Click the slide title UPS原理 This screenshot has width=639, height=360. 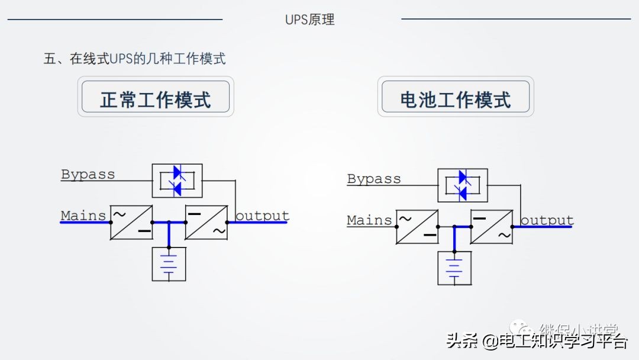tap(309, 20)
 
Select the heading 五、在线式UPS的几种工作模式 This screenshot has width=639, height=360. tap(134, 59)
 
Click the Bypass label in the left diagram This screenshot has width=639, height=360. tap(88, 175)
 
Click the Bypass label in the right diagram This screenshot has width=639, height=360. tap(374, 179)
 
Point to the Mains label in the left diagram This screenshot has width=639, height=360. tap(83, 216)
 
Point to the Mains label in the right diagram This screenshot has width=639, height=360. tap(369, 220)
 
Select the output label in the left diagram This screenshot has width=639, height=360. tap(262, 216)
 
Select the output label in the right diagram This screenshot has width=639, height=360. tap(547, 220)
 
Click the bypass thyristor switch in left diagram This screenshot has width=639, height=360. tap(177, 181)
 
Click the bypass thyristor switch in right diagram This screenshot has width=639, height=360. tap(463, 185)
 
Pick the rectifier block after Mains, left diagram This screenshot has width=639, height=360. tap(131, 223)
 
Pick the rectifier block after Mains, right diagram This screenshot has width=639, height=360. tap(417, 227)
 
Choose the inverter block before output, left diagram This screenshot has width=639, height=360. tap(206, 223)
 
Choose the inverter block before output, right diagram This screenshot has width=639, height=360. tap(492, 227)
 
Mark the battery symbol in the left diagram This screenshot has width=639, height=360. tap(169, 264)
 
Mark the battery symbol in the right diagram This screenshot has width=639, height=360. tap(454, 268)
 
